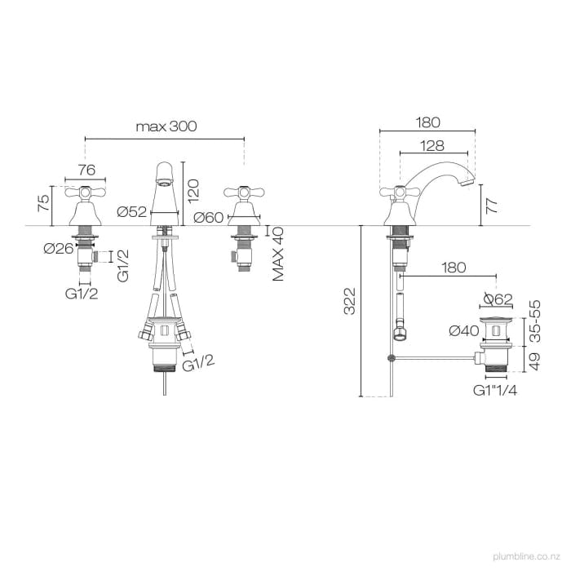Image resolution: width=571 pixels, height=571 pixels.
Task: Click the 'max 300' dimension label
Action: pyautogui.click(x=166, y=126)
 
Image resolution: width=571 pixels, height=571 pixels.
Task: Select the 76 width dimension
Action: pyautogui.click(x=86, y=170)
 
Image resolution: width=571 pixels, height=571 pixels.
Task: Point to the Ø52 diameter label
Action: pyautogui.click(x=131, y=212)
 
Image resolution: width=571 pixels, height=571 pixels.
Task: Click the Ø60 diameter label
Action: pyautogui.click(x=210, y=217)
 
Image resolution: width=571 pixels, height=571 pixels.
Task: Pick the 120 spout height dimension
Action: pyautogui.click(x=193, y=190)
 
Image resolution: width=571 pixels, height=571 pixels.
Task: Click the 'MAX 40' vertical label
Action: pyautogui.click(x=279, y=254)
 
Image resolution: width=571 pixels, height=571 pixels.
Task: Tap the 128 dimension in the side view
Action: pyautogui.click(x=433, y=145)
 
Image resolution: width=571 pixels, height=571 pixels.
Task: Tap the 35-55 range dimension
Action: pyautogui.click(x=535, y=319)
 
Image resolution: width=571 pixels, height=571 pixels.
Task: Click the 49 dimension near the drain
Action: pyautogui.click(x=535, y=358)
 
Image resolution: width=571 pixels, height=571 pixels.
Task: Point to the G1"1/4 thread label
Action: pyautogui.click(x=495, y=391)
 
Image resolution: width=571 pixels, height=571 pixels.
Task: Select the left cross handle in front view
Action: pyautogui.click(x=86, y=194)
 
